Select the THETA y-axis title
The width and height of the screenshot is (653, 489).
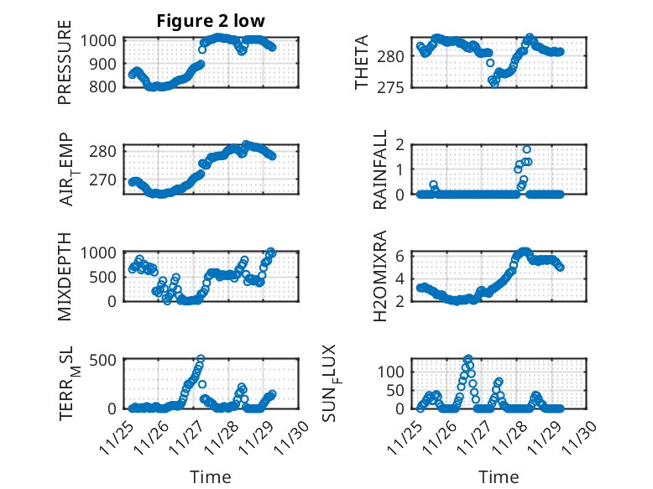(362, 63)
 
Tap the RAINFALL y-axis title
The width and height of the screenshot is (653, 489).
(380, 169)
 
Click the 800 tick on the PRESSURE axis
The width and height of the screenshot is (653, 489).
(107, 86)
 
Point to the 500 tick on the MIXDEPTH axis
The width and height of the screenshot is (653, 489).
(107, 276)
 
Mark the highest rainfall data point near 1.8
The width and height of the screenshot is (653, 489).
(526, 149)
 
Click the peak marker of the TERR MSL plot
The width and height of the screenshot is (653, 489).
(201, 359)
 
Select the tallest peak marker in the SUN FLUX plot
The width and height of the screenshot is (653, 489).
(468, 359)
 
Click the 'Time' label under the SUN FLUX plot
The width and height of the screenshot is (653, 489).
(499, 477)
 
